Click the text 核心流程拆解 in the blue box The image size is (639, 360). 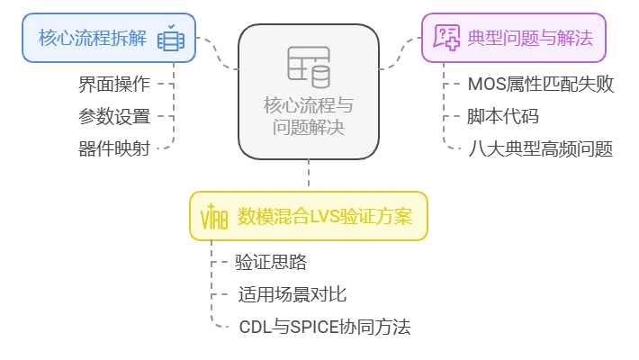[93, 38]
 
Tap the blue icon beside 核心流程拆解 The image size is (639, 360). [170, 40]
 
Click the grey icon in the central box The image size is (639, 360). [308, 64]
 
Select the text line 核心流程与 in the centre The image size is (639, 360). [308, 103]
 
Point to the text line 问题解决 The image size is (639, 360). [308, 127]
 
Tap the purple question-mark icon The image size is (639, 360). [446, 37]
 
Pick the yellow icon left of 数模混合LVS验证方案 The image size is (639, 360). [213, 217]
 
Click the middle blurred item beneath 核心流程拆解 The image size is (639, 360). [112, 116]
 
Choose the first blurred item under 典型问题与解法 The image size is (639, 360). [543, 84]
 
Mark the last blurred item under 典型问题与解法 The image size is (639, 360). [543, 148]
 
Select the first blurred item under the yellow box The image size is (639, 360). [271, 263]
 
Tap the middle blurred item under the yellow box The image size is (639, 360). [293, 293]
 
